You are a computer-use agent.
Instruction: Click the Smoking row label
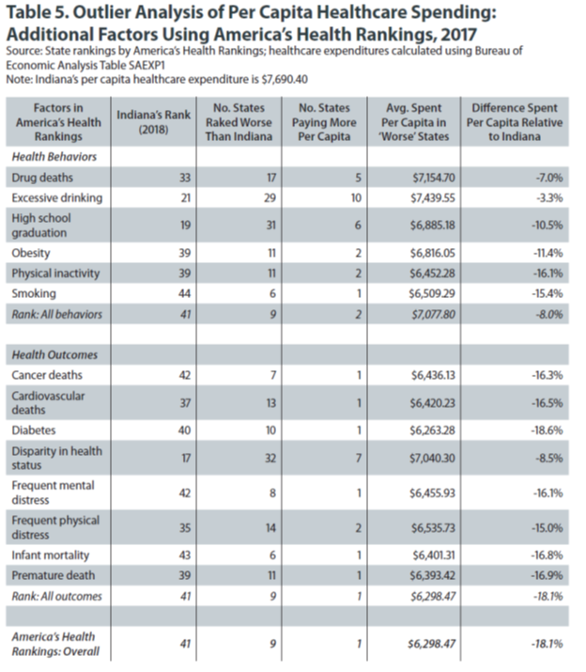pos(35,294)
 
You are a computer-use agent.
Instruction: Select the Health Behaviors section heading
pos(53,156)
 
